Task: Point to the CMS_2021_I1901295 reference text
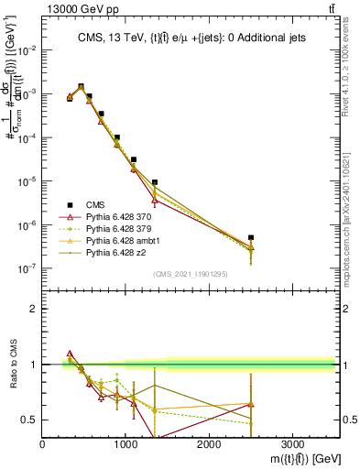[x=190, y=274]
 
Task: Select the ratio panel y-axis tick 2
[x=34, y=309]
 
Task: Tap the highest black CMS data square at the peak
[x=81, y=87]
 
